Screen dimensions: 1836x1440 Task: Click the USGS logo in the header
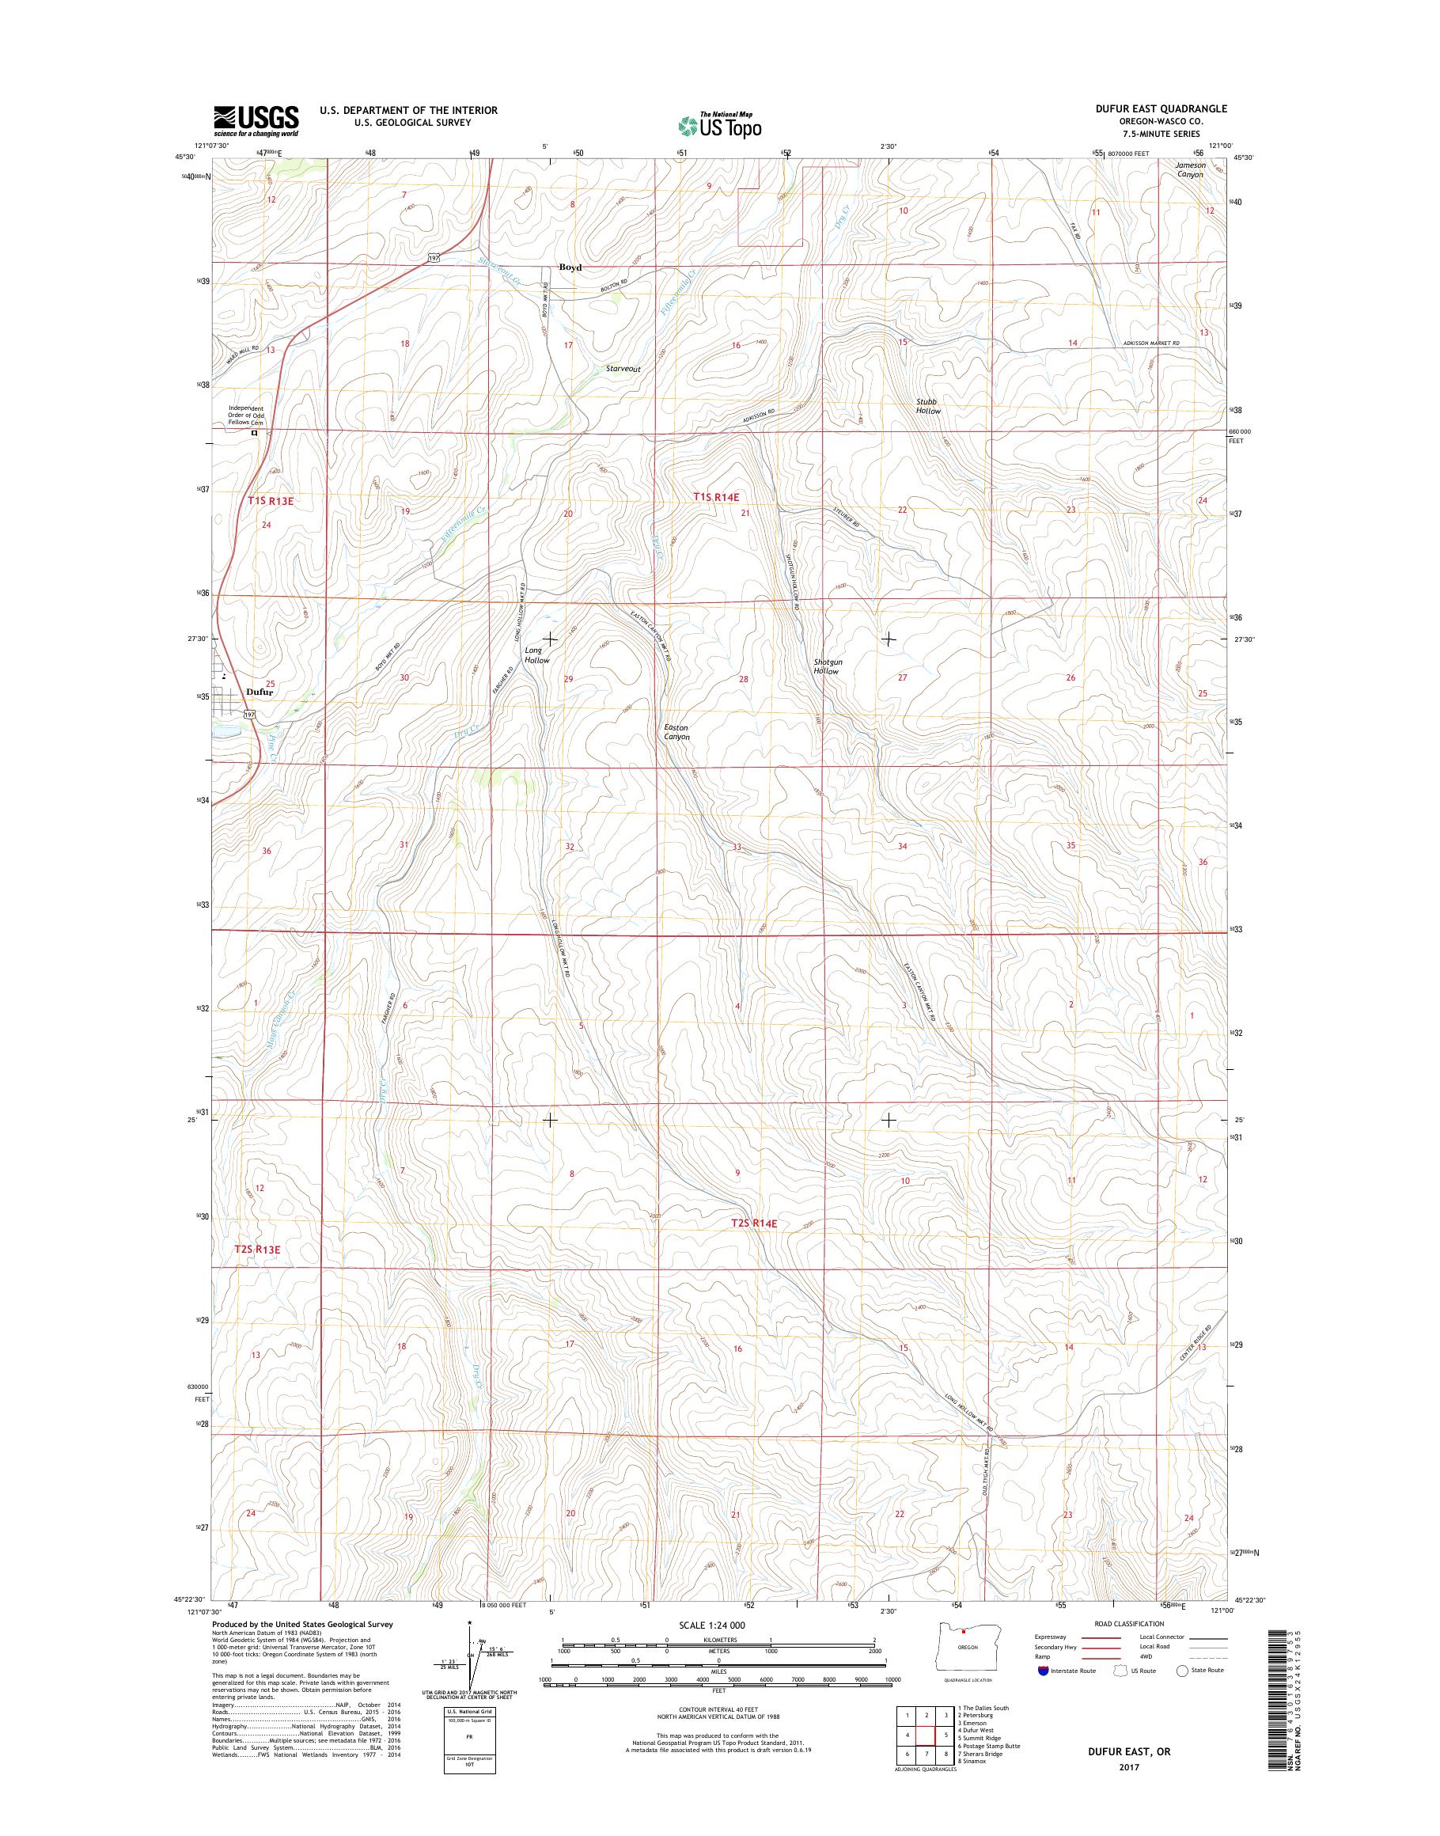click(x=256, y=120)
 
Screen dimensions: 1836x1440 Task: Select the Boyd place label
click(x=570, y=267)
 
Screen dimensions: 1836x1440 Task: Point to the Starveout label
click(x=623, y=370)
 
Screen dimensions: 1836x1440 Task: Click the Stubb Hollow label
click(x=927, y=406)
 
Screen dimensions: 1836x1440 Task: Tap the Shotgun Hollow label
click(x=827, y=666)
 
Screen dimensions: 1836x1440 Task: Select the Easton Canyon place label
click(x=676, y=732)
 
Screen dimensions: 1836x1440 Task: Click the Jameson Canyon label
click(x=1192, y=169)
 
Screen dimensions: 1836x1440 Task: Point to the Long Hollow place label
click(x=536, y=655)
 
